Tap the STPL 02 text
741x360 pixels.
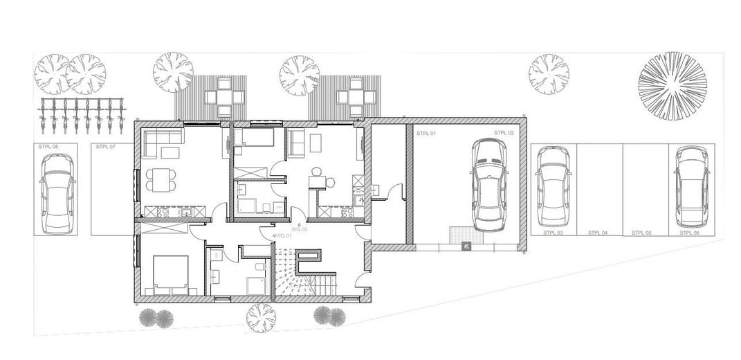click(504, 132)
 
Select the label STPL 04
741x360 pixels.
click(598, 233)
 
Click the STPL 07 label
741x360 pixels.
click(105, 147)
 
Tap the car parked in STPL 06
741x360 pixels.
click(689, 186)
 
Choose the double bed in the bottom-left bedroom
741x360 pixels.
click(170, 274)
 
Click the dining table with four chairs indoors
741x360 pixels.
click(160, 180)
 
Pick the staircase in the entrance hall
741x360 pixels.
click(304, 273)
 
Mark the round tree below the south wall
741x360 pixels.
click(260, 318)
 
